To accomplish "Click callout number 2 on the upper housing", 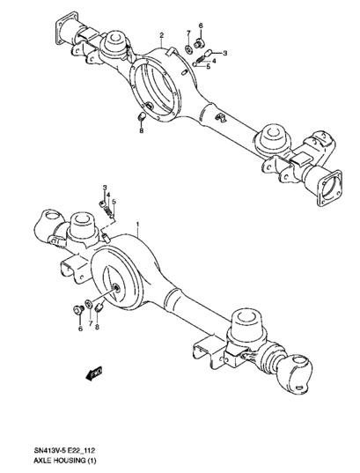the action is click(x=162, y=35).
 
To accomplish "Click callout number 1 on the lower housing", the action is click(x=138, y=225).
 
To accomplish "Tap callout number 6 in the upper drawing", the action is click(x=201, y=26).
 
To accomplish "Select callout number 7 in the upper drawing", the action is click(x=188, y=33).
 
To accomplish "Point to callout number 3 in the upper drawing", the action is click(x=224, y=54).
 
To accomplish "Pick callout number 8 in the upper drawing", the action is click(x=142, y=130).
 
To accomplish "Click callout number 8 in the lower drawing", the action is click(x=97, y=327).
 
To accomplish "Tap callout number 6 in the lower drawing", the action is click(x=80, y=329).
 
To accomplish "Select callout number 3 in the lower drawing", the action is click(x=105, y=188).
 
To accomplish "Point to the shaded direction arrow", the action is click(x=94, y=373).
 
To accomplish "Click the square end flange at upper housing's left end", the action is click(x=66, y=28).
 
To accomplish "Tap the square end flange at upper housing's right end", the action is click(x=329, y=188).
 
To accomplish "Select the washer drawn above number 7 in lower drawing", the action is click(x=89, y=304).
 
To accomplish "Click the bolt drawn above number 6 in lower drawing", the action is click(x=78, y=310).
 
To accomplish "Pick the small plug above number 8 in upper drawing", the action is click(x=142, y=116).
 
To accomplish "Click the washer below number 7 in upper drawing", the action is click(x=189, y=48).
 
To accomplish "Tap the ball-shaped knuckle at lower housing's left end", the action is click(x=49, y=225).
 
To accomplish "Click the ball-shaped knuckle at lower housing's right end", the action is click(x=294, y=373).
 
